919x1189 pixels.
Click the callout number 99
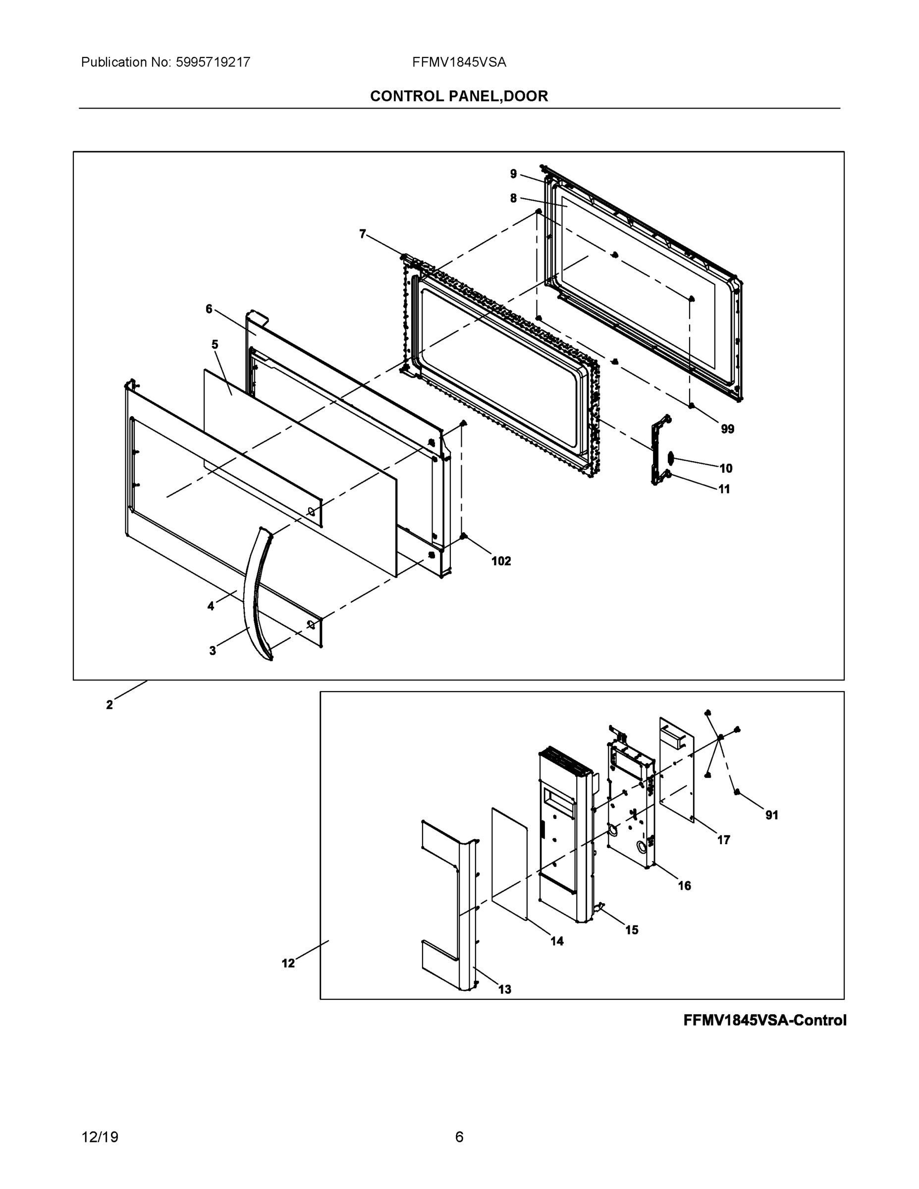(x=727, y=429)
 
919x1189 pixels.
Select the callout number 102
(x=501, y=561)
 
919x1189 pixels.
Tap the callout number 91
(x=771, y=815)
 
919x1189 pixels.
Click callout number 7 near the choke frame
(x=363, y=234)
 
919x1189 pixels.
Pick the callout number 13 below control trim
(x=505, y=989)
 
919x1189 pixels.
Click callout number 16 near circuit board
(x=684, y=886)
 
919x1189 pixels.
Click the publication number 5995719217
(x=213, y=62)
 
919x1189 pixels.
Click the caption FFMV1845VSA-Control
(x=764, y=1020)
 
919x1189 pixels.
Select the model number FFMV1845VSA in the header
(x=459, y=62)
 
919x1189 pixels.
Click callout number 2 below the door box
(x=109, y=705)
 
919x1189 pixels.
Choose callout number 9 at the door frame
(x=513, y=174)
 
